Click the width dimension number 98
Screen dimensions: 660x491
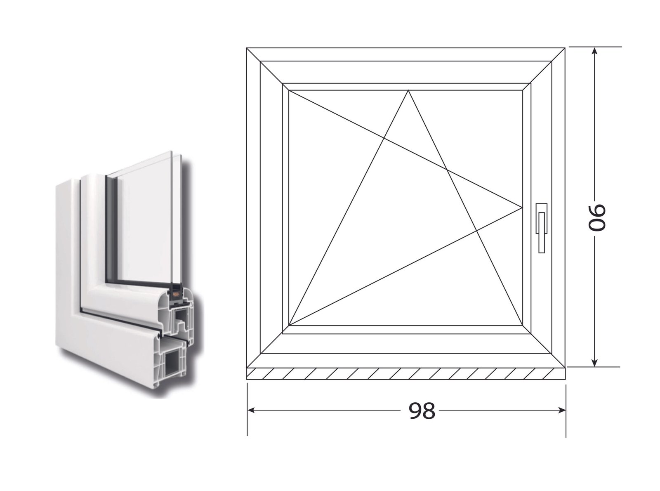coord(422,411)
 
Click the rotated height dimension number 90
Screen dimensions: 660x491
coord(596,217)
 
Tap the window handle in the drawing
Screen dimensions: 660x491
coord(541,228)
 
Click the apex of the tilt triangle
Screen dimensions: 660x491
coord(408,90)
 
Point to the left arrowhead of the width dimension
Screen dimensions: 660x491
coord(250,411)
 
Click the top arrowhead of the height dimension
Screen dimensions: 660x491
coord(594,52)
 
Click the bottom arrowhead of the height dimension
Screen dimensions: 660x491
coord(594,363)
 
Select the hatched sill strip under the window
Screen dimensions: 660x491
coord(406,374)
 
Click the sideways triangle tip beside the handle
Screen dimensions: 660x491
coord(522,207)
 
